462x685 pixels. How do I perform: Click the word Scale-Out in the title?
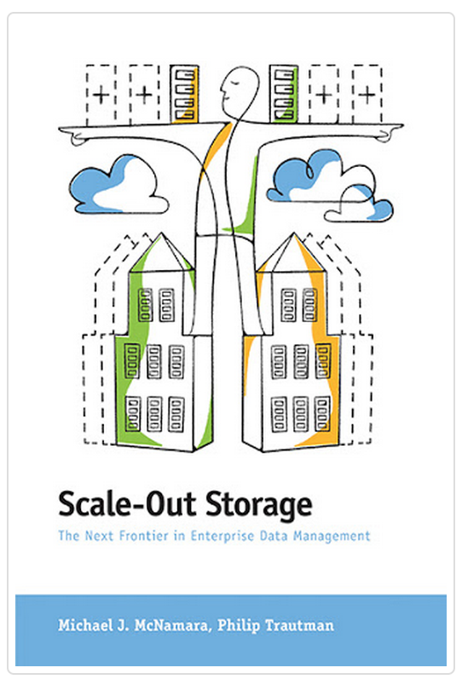click(127, 504)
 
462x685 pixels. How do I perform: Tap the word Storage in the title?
click(259, 507)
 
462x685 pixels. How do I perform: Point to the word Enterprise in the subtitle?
click(222, 537)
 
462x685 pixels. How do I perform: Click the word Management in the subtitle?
click(332, 537)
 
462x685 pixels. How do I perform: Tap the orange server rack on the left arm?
click(184, 94)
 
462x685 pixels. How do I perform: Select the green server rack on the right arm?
click(284, 94)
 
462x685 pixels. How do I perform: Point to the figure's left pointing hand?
click(73, 134)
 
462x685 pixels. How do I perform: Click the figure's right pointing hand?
click(388, 132)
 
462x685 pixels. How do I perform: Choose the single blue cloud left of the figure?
click(118, 184)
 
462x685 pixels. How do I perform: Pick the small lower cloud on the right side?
click(359, 204)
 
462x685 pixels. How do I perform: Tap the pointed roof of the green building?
click(161, 252)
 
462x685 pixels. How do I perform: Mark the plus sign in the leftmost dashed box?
click(101, 95)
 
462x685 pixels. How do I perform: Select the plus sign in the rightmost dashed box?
click(367, 95)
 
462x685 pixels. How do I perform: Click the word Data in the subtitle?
click(274, 536)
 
